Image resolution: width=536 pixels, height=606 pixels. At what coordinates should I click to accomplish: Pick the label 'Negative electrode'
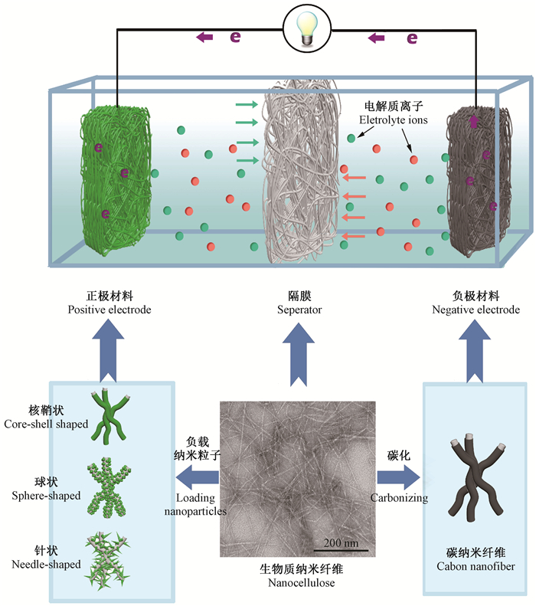[x=476, y=310]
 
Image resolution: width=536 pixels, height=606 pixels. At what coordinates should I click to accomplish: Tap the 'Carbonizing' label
[x=399, y=497]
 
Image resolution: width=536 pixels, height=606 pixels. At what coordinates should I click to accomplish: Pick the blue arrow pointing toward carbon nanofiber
[x=399, y=476]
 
